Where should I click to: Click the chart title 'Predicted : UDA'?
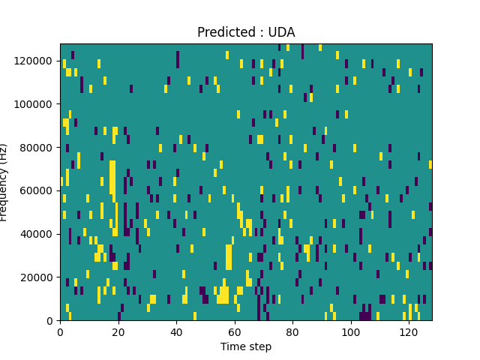(x=246, y=32)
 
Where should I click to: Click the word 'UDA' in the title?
(x=282, y=32)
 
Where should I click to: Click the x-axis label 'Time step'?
(x=246, y=346)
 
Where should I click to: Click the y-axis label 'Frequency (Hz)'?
(x=4, y=182)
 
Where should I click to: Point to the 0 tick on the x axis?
(x=60, y=331)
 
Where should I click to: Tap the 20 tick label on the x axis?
(x=118, y=331)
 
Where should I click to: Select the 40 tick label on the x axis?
(x=176, y=331)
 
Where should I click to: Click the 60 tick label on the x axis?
(x=235, y=331)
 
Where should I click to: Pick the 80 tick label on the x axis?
(x=292, y=331)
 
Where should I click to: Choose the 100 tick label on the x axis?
(x=350, y=331)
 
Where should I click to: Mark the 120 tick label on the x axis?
(x=409, y=331)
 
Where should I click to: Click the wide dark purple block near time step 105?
(x=365, y=316)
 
